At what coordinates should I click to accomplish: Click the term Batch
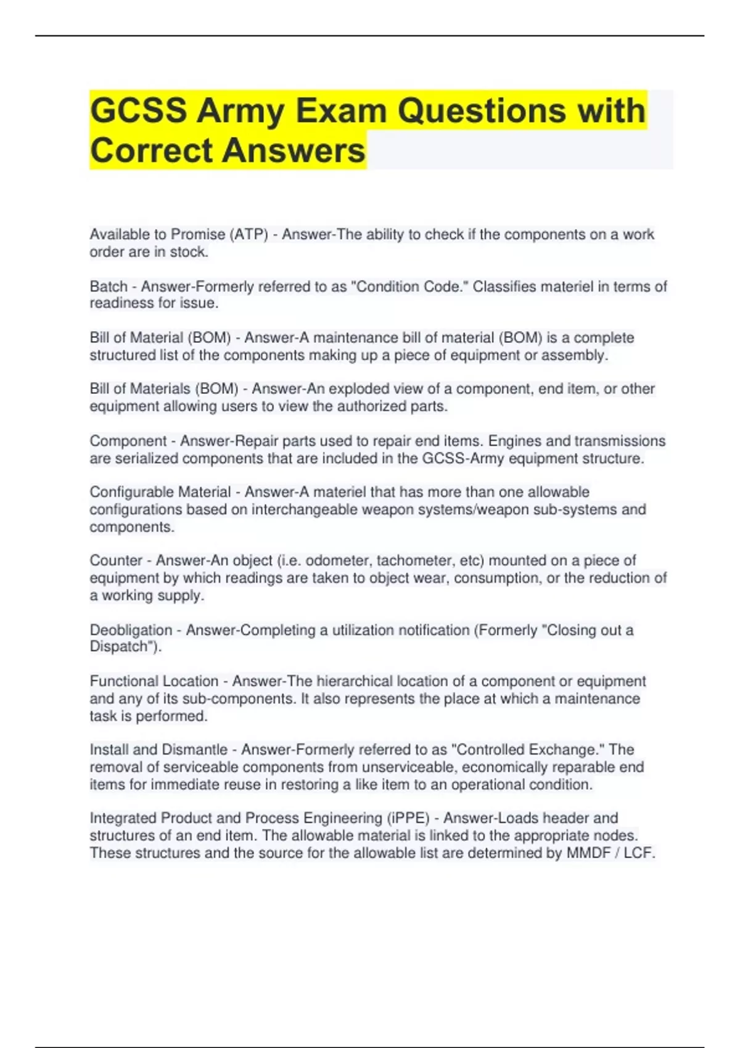coord(109,287)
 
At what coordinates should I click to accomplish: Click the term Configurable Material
coord(160,492)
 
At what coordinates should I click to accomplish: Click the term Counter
coord(116,560)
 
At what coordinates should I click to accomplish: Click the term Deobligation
coord(131,630)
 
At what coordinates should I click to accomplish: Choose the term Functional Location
coord(154,681)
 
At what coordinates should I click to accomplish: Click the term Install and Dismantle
coord(158,750)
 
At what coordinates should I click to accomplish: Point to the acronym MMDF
coord(590,853)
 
